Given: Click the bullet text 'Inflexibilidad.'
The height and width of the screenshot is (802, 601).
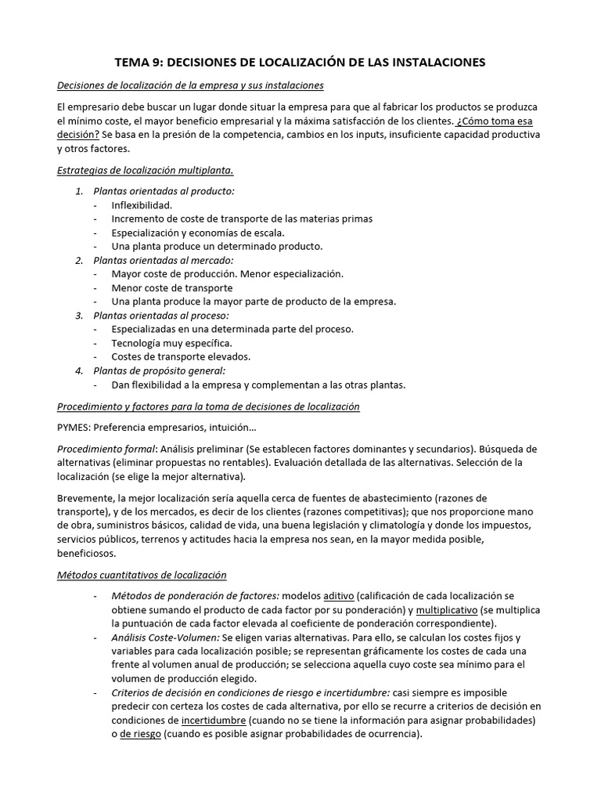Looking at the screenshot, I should point(142,204).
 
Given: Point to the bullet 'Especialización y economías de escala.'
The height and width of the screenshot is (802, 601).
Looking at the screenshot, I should point(198,232).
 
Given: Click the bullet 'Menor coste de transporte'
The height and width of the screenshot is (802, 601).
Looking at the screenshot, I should point(171,287).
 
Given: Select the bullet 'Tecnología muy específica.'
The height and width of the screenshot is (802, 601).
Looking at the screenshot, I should point(171,342).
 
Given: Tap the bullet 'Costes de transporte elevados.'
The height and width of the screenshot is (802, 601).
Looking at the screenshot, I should point(181,356).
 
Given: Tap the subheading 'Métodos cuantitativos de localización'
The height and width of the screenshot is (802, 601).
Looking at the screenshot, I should point(142,575).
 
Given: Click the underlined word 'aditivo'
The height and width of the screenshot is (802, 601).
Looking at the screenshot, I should point(338,596).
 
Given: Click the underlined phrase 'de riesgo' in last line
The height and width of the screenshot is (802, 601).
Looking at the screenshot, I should point(139,734).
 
